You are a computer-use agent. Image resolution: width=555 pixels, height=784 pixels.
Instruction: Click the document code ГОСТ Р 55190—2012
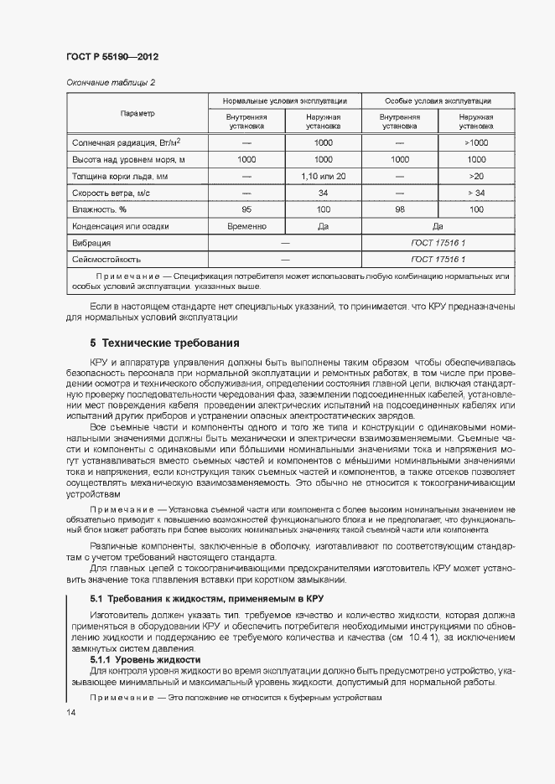click(x=112, y=57)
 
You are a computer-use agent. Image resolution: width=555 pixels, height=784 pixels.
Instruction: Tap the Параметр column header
click(x=137, y=113)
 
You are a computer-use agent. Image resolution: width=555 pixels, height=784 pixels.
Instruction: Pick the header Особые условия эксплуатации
click(x=438, y=101)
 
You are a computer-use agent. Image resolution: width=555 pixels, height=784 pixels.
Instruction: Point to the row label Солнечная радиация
click(x=127, y=142)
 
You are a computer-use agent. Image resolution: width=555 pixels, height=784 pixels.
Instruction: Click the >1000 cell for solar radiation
click(x=476, y=142)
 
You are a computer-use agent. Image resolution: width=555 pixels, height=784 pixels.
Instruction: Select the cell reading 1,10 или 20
click(x=323, y=176)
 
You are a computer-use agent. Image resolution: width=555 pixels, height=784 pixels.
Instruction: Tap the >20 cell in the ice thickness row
click(x=476, y=176)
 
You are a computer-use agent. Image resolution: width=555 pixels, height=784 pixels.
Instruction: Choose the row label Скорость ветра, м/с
click(x=112, y=193)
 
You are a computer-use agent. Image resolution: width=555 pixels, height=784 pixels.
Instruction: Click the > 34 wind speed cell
click(x=476, y=193)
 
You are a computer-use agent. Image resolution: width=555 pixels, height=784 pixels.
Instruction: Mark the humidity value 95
click(x=246, y=209)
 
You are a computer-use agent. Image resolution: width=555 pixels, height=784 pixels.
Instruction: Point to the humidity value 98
click(x=399, y=209)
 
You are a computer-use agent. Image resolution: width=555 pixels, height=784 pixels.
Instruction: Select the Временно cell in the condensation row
click(x=246, y=226)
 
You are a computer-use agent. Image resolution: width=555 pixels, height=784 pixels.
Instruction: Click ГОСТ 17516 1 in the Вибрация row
click(x=438, y=243)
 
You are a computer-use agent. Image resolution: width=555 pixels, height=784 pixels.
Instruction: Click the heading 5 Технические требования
click(x=164, y=343)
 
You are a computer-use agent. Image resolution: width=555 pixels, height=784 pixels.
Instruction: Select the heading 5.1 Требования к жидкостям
click(x=206, y=599)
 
